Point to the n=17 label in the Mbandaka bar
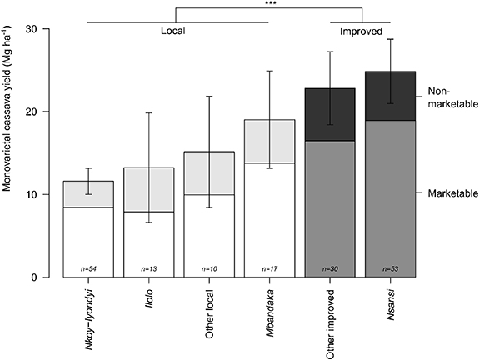[x=270, y=268]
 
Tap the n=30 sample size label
[x=331, y=268]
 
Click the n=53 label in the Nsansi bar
[x=391, y=268]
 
